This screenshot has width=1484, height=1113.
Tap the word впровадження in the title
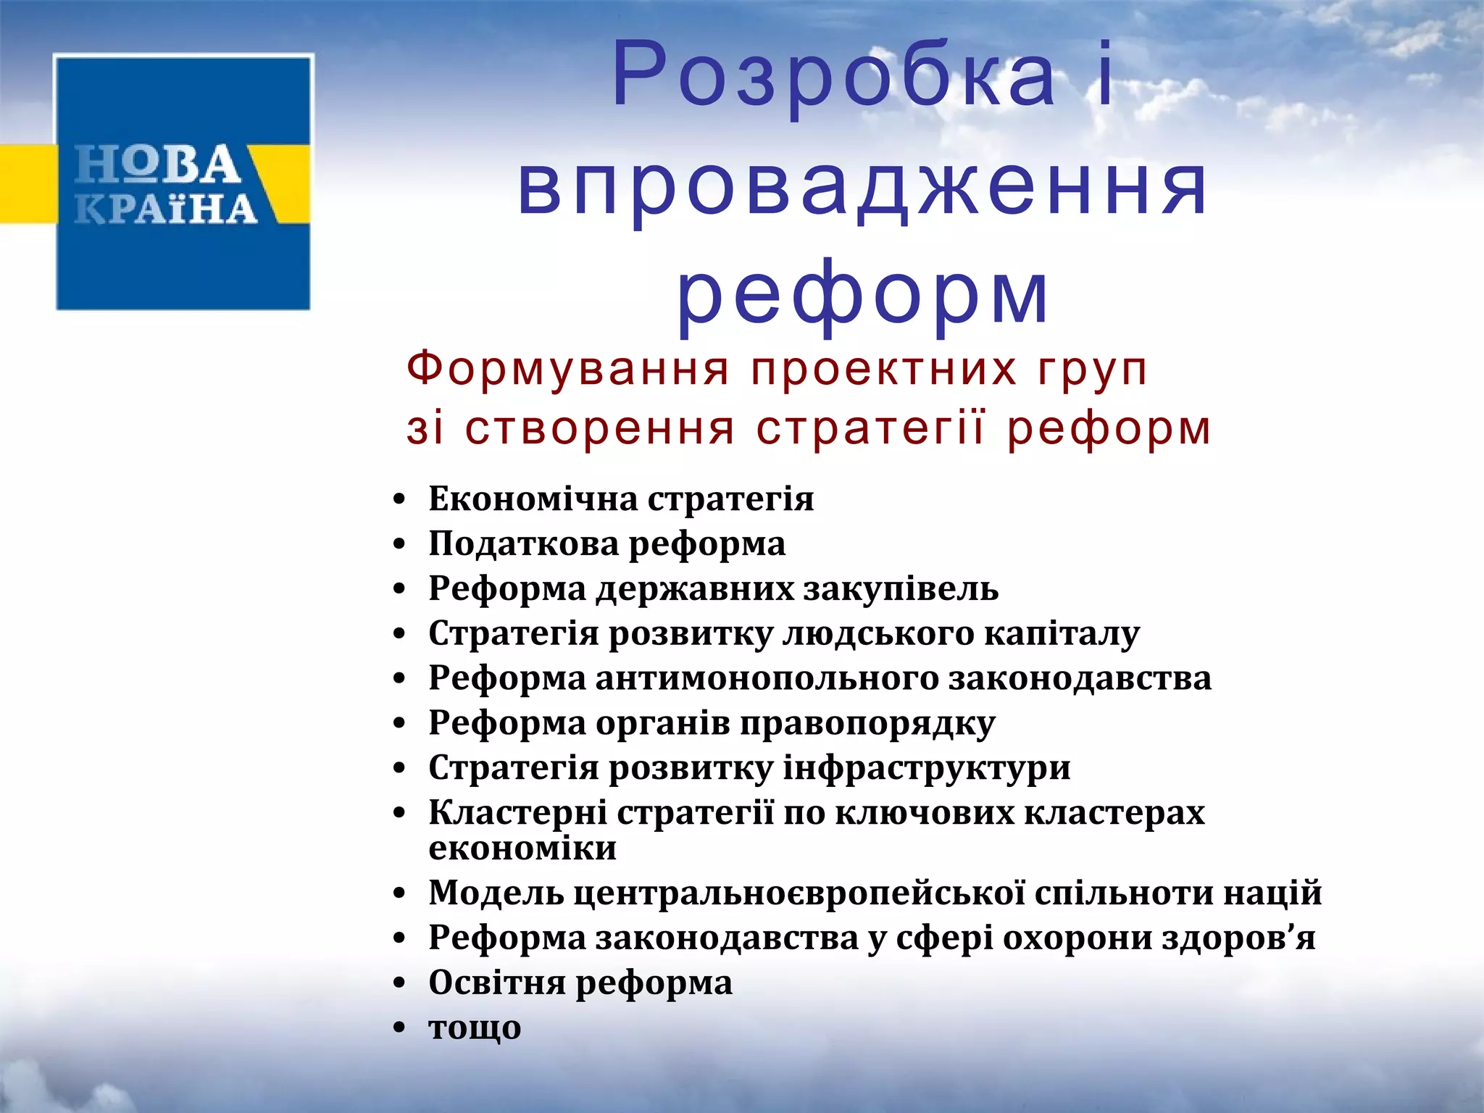(x=862, y=187)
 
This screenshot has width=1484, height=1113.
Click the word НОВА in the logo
(x=158, y=164)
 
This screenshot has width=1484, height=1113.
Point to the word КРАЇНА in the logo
(x=166, y=209)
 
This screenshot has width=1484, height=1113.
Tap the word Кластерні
(x=517, y=812)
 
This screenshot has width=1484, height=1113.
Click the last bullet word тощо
(x=475, y=1027)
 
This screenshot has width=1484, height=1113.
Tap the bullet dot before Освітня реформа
(x=399, y=984)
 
